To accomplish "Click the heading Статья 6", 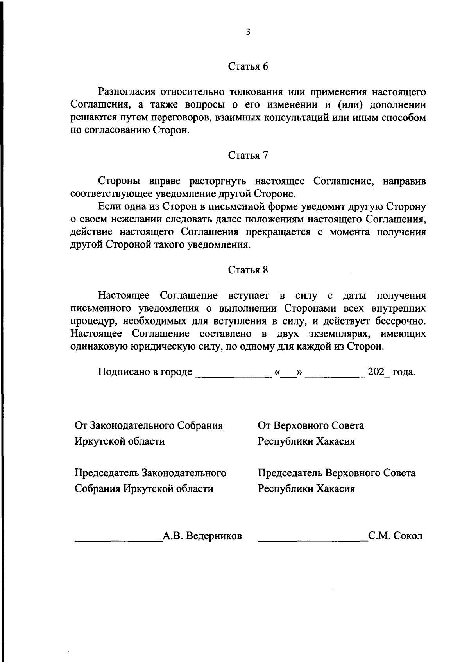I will pos(248,66).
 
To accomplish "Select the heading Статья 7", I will pos(248,156).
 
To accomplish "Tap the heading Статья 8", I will pos(248,270).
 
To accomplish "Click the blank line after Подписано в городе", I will pos(233,375).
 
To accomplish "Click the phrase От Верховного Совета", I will pos(311,425).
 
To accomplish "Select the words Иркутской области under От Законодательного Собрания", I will pos(120,441).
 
